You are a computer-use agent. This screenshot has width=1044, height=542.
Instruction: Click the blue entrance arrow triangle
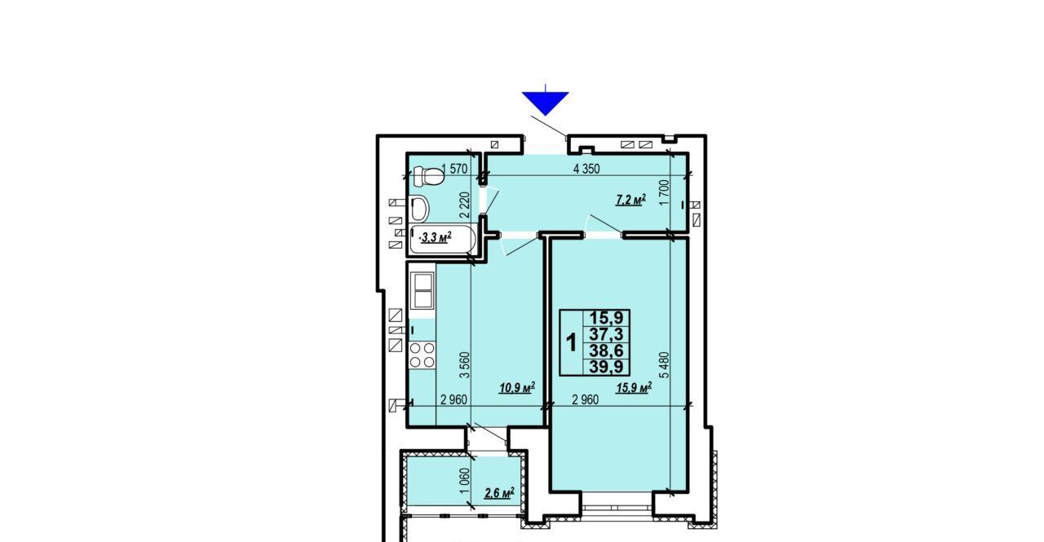click(546, 103)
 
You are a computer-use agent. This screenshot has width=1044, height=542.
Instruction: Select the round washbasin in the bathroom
click(419, 209)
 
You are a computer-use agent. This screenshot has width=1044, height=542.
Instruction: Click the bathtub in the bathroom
click(442, 239)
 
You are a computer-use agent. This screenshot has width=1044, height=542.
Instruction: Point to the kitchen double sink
click(422, 290)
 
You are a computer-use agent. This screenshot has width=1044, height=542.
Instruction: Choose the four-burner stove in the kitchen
click(422, 355)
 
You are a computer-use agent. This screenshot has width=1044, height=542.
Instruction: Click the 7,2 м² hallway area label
click(631, 200)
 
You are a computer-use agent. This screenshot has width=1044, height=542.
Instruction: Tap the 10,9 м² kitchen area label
click(517, 387)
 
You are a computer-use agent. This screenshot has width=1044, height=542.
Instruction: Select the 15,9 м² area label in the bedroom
click(634, 387)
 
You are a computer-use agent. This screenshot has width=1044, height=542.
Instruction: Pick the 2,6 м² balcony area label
click(499, 492)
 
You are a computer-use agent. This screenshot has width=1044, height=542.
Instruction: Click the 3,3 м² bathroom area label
click(436, 238)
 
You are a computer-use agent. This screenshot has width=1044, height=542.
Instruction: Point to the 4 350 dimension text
click(586, 169)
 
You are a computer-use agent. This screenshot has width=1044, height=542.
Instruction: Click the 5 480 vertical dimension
click(665, 364)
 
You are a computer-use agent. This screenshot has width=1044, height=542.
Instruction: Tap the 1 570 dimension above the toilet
click(454, 169)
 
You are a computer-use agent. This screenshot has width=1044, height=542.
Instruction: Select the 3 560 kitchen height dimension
click(465, 364)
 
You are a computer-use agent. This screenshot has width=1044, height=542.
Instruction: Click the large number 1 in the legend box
click(571, 342)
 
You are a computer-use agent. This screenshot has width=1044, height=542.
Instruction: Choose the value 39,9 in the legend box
click(606, 367)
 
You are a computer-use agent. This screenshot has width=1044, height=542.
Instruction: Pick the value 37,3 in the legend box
click(606, 334)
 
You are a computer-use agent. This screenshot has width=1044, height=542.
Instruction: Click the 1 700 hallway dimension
click(665, 192)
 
